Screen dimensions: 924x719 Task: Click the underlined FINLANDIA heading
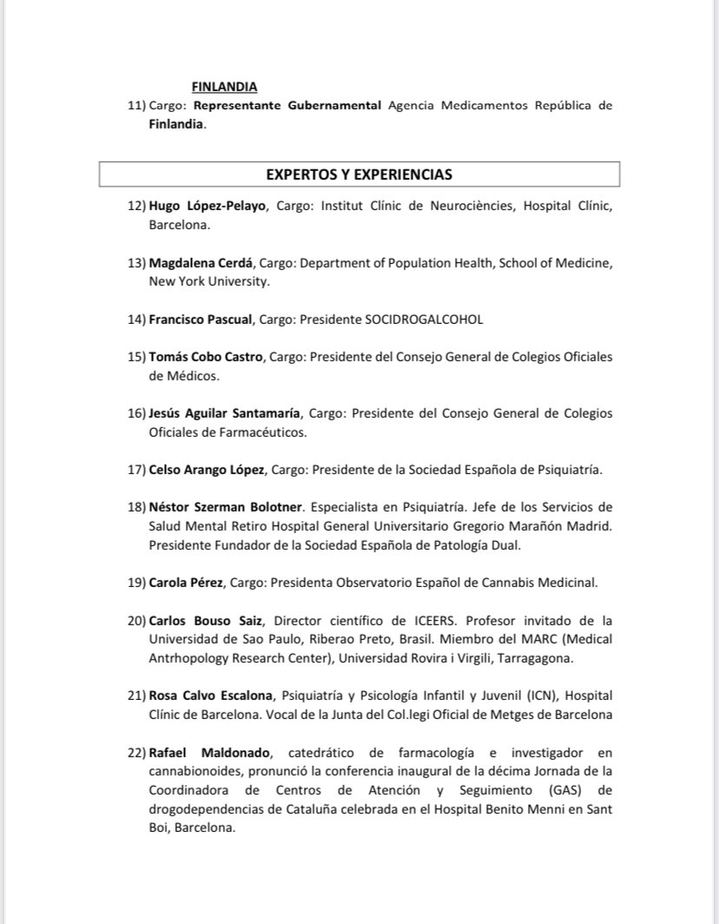[224, 87]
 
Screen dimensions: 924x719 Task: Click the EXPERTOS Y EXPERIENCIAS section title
[359, 175]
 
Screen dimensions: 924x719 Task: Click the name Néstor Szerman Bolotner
[225, 507]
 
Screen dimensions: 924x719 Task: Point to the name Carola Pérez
[187, 582]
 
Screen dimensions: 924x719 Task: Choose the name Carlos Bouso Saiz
[198, 620]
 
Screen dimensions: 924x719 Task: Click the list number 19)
[136, 582]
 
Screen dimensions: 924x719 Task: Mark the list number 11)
[136, 106]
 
